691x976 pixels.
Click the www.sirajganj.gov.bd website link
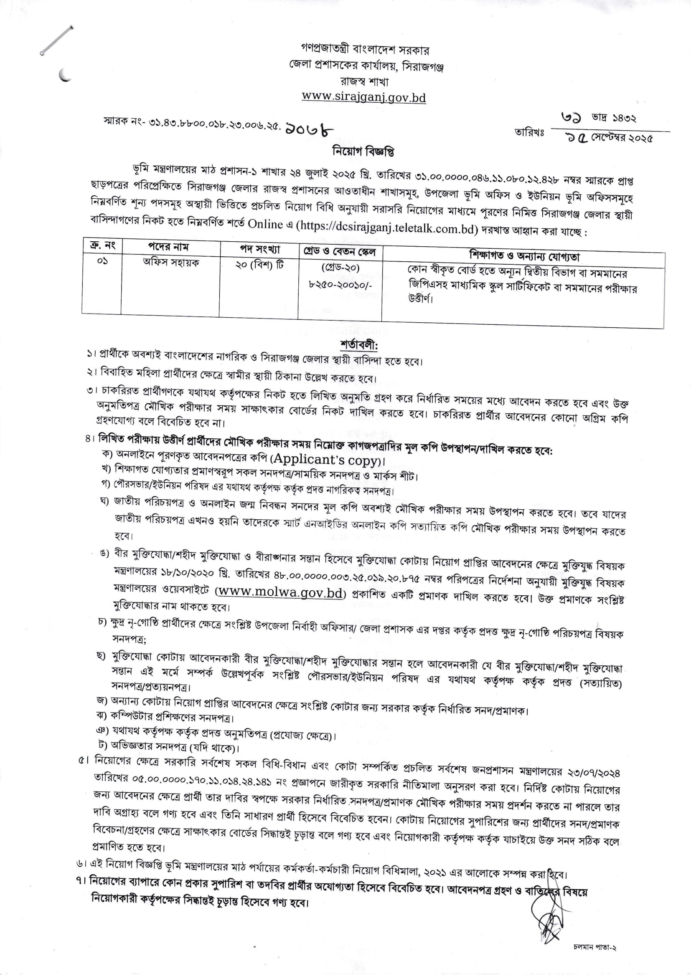pyautogui.click(x=363, y=97)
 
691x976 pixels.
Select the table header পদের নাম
pyautogui.click(x=168, y=247)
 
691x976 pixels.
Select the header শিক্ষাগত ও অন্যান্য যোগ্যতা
pyautogui.click(x=524, y=256)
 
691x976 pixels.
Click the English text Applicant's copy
pyautogui.click(x=326, y=460)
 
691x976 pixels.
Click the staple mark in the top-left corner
pyautogui.click(x=56, y=40)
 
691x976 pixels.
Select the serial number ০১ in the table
pyautogui.click(x=102, y=261)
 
